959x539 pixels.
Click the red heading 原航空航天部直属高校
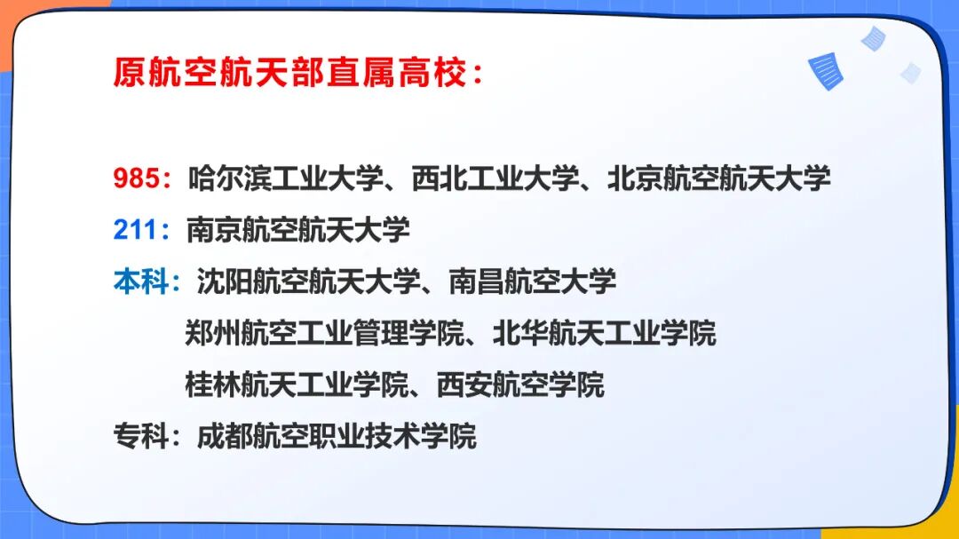pos(289,73)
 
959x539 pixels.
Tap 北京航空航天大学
pos(719,178)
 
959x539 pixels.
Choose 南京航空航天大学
pos(298,230)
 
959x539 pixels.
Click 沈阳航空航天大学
pos(307,281)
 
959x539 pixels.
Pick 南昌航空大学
pos(532,281)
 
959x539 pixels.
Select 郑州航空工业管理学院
pos(325,334)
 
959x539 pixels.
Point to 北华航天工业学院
pos(604,334)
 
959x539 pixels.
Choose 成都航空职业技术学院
pos(337,436)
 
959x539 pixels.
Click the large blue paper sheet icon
pos(825,71)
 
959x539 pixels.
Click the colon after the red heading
pos(478,75)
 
